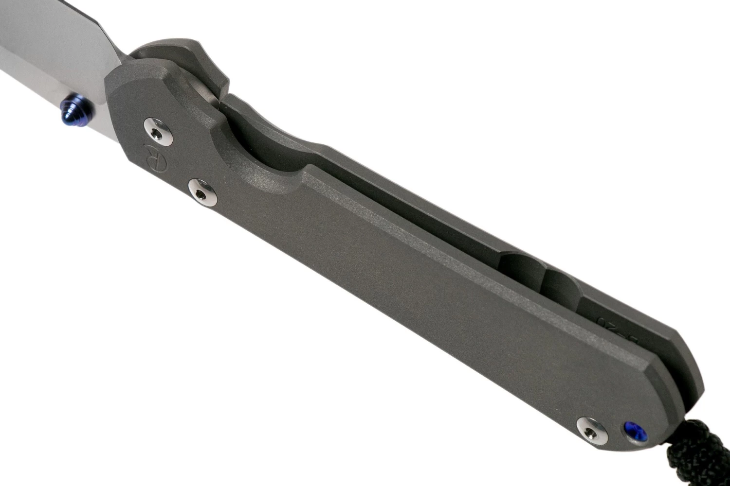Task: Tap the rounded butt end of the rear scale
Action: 691,369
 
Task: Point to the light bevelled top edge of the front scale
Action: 389,224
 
